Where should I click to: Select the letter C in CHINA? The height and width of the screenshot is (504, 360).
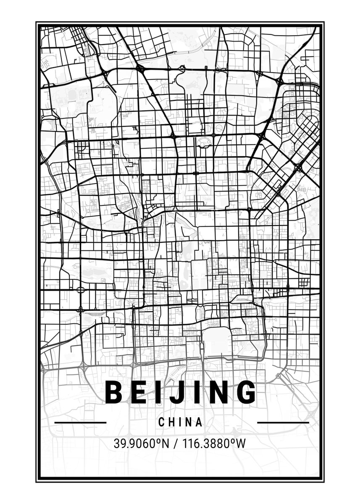[x=162, y=422]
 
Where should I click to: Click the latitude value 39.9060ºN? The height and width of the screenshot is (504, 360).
[x=141, y=444]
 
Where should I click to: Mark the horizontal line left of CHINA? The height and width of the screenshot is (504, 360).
[x=80, y=422]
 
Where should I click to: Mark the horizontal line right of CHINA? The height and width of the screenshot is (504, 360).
[x=283, y=422]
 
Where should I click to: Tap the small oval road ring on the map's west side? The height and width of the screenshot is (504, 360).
[x=81, y=290]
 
